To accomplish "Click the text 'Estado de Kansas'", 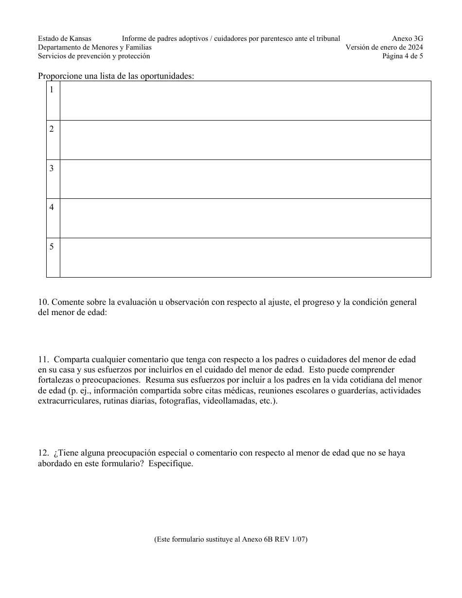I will click(65, 38).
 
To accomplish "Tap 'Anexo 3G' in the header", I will click(408, 38).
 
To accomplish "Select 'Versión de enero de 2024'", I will click(384, 47).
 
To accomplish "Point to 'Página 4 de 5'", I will click(402, 56).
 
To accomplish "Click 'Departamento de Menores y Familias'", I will click(95, 47).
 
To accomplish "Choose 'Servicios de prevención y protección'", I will click(94, 56).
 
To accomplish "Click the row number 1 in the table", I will click(52, 89).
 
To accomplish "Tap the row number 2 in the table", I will click(52, 129).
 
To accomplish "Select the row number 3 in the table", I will click(52, 168).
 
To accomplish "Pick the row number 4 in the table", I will click(52, 207).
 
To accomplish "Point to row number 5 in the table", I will click(52, 246).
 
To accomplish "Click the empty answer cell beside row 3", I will click(245, 179).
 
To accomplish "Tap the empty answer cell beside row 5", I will click(245, 258).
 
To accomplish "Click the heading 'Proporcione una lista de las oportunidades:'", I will click(116, 76).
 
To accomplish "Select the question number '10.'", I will click(44, 302).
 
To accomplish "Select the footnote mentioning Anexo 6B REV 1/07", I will click(231, 539).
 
